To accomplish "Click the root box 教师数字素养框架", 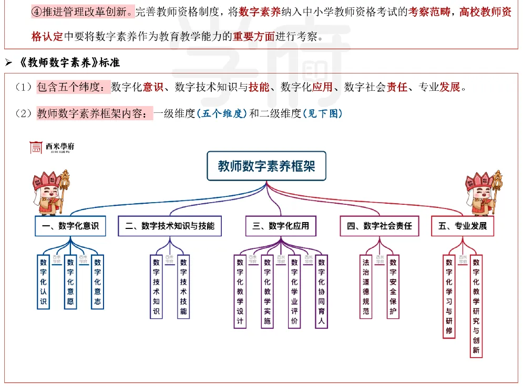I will (266, 166).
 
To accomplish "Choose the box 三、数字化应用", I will (281, 226).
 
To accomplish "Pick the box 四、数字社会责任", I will (380, 226).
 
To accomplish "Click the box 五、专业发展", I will (463, 226).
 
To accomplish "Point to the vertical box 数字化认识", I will (44, 282).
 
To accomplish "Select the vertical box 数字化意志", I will (97, 282).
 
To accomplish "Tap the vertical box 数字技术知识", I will (156, 287).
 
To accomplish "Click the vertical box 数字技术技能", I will (183, 287).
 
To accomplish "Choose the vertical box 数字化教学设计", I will (240, 291).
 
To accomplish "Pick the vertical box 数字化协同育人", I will (322, 291).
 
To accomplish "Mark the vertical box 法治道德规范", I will (366, 287).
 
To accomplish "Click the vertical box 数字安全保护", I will (393, 287).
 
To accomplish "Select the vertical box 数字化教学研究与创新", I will (476, 306).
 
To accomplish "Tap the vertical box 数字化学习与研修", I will (449, 297).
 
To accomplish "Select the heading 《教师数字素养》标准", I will (69, 63).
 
